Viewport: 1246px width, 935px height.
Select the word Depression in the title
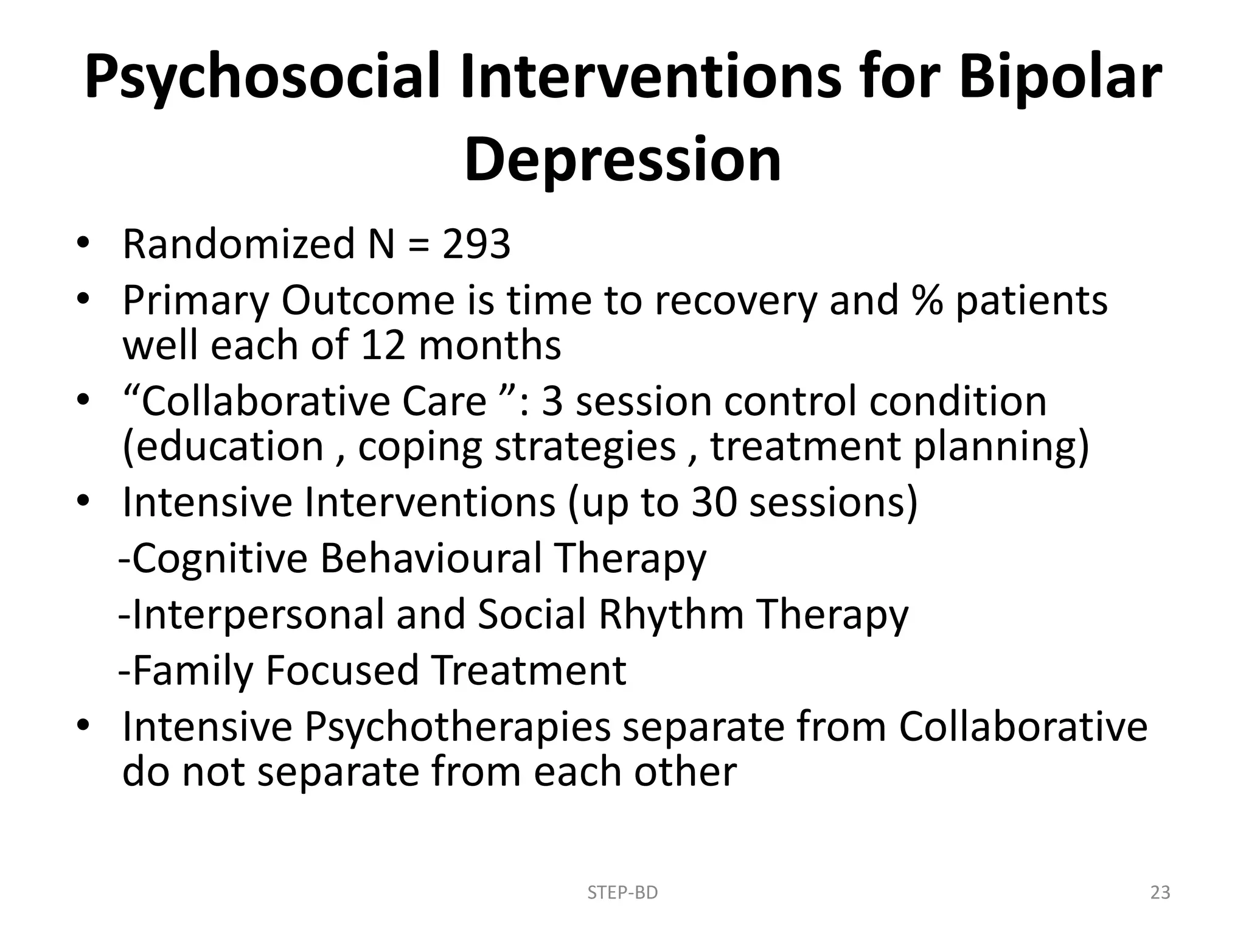(622, 160)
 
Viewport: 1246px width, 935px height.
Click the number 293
(476, 244)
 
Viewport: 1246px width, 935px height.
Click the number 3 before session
(552, 401)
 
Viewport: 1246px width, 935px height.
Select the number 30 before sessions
(713, 502)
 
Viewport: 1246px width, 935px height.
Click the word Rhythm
(671, 614)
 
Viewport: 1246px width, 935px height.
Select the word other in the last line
(685, 771)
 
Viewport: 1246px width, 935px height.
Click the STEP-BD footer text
(622, 892)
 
